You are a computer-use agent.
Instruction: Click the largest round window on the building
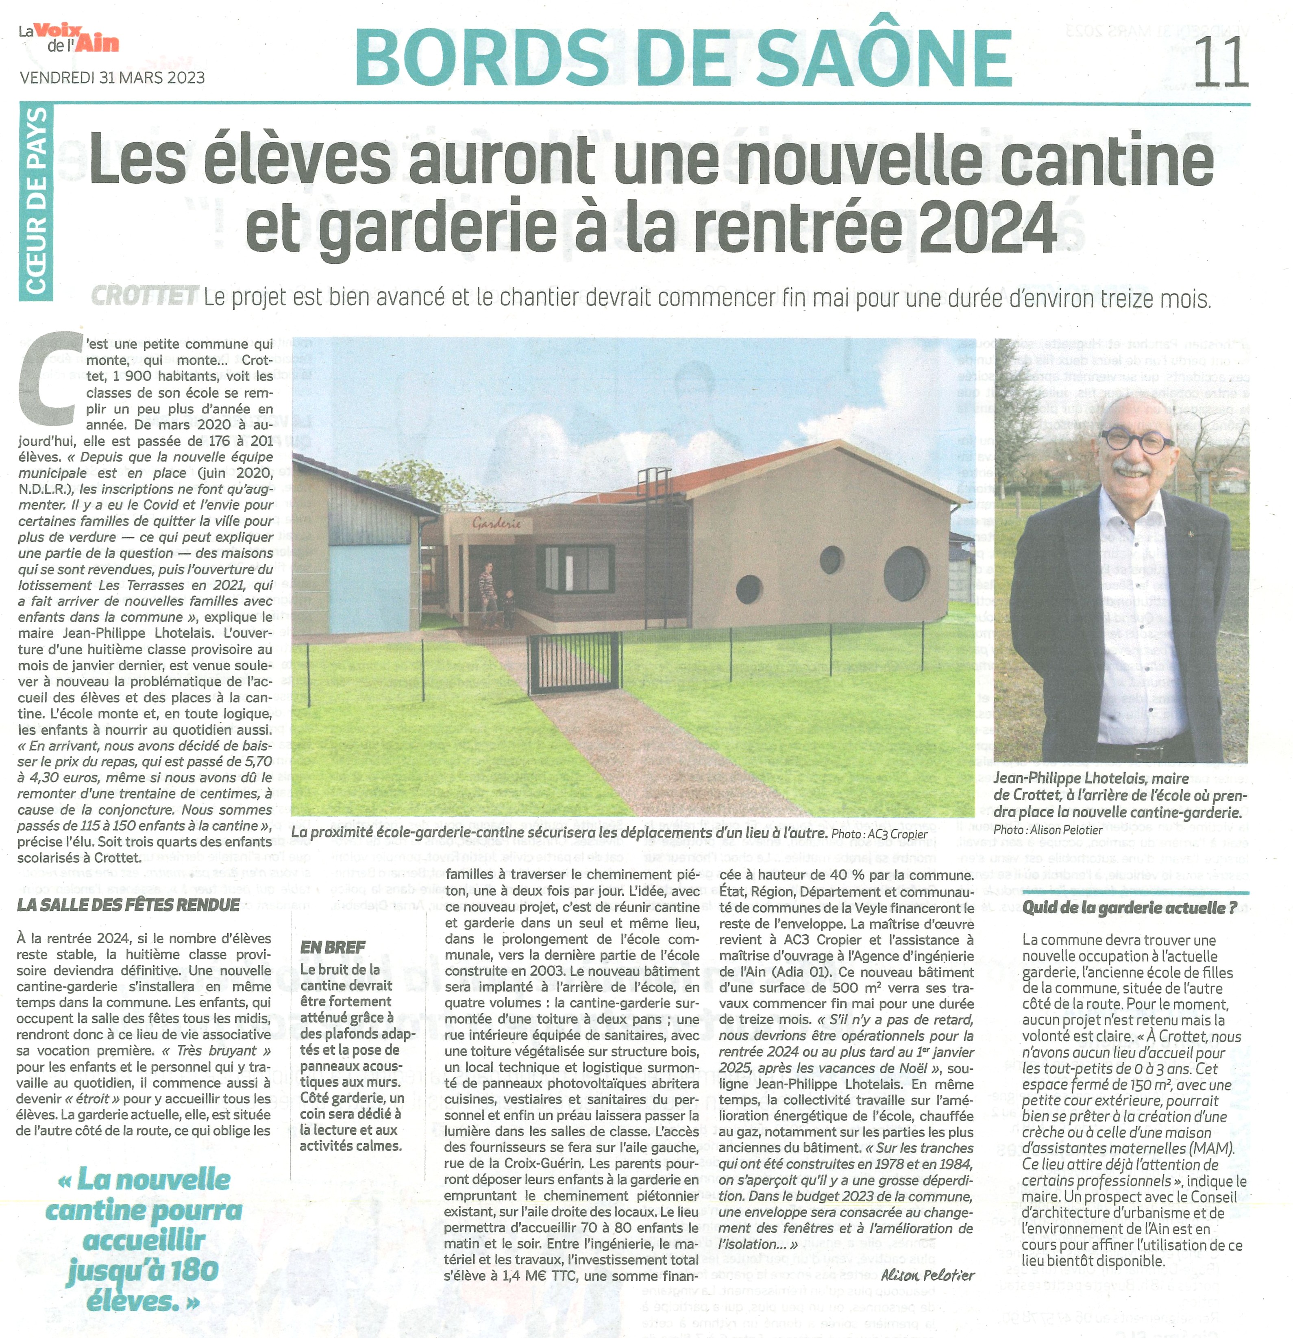point(906,572)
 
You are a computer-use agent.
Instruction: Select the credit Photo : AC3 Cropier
point(879,834)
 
